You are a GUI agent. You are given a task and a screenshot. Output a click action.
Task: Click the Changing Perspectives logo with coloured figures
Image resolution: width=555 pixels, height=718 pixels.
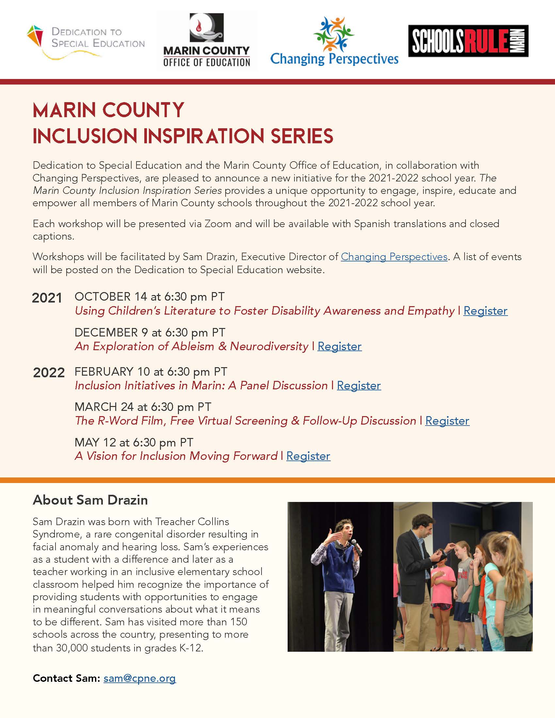(x=334, y=41)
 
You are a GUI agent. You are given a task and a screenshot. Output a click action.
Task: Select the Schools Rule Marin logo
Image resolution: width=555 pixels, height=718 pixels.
(x=468, y=41)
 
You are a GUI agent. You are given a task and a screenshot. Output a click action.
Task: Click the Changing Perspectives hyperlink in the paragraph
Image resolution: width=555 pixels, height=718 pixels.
(x=394, y=257)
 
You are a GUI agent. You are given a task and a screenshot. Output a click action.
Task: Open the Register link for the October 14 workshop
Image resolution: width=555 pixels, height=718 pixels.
(x=485, y=311)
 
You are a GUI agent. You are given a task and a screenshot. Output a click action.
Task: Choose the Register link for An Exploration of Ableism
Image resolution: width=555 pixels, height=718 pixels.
(x=339, y=346)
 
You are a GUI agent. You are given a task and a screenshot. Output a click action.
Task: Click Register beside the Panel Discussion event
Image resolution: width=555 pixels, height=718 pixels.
(x=359, y=385)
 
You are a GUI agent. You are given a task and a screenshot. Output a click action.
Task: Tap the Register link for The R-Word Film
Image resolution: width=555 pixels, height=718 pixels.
(x=447, y=421)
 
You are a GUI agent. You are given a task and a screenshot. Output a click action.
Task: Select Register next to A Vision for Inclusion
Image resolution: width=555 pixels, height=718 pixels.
(x=308, y=456)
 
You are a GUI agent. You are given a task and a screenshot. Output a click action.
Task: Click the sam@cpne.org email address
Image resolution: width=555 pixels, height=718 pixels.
(x=140, y=678)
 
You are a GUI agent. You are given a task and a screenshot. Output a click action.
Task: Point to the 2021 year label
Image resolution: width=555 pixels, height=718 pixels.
(x=47, y=298)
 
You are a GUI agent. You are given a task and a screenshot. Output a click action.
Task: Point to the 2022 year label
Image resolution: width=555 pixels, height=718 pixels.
(x=49, y=372)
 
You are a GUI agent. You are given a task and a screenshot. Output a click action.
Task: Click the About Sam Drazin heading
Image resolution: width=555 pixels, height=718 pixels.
(x=90, y=500)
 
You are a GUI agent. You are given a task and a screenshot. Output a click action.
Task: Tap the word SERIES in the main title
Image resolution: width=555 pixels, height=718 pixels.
(x=302, y=136)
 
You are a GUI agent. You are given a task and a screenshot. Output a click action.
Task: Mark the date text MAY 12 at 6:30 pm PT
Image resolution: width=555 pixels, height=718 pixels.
(x=134, y=442)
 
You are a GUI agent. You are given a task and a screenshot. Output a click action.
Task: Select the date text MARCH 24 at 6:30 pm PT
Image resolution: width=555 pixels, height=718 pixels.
(x=143, y=407)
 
